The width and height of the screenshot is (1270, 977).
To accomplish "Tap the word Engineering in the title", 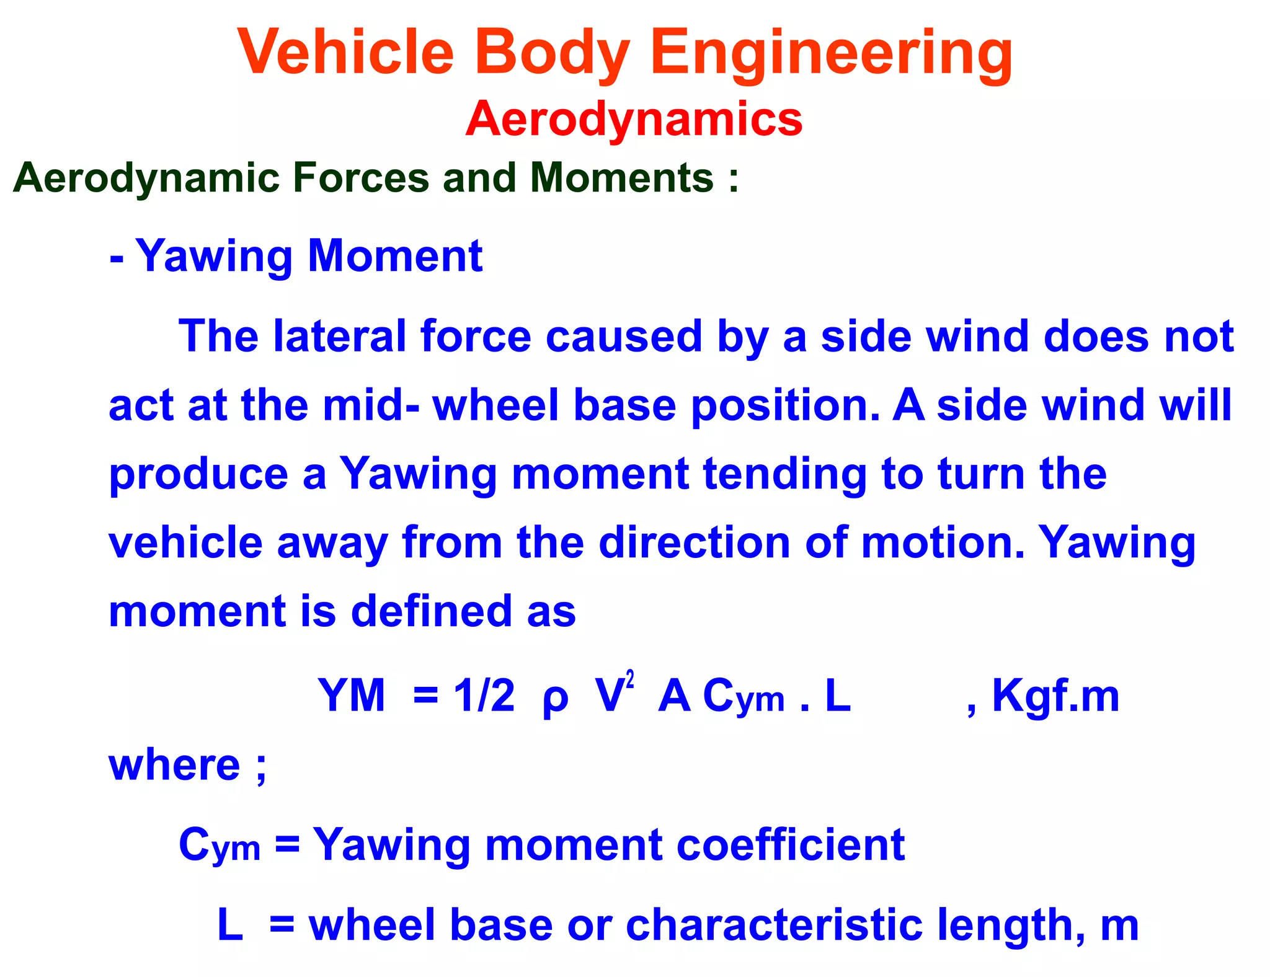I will (831, 55).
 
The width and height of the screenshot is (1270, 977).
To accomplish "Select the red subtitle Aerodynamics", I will (634, 118).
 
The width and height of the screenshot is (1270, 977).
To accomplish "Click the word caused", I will (624, 337).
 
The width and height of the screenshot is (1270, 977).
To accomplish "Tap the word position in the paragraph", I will (785, 406).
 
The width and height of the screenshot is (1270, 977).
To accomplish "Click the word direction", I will (695, 543).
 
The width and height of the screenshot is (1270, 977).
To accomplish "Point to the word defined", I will (432, 611).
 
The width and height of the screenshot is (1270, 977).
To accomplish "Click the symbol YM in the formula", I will (352, 696).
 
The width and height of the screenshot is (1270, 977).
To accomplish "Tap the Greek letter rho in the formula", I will (555, 699).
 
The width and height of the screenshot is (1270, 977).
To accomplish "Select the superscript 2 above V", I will (630, 679).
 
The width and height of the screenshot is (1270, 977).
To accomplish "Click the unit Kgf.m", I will (1055, 696).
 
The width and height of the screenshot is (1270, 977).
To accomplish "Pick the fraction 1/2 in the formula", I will (484, 696).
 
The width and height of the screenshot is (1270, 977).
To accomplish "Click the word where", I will (174, 765).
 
